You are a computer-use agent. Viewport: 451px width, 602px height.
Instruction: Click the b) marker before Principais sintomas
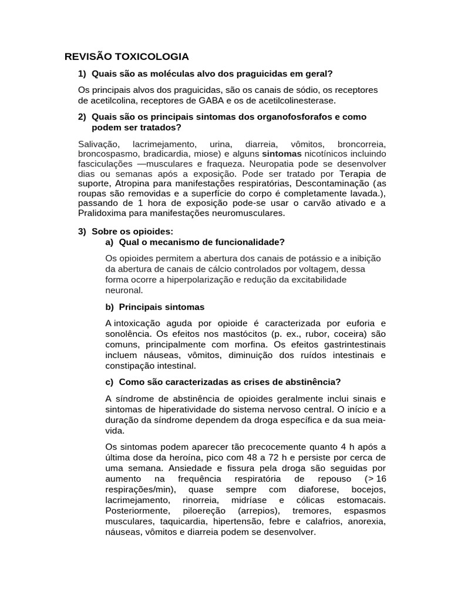click(110, 307)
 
